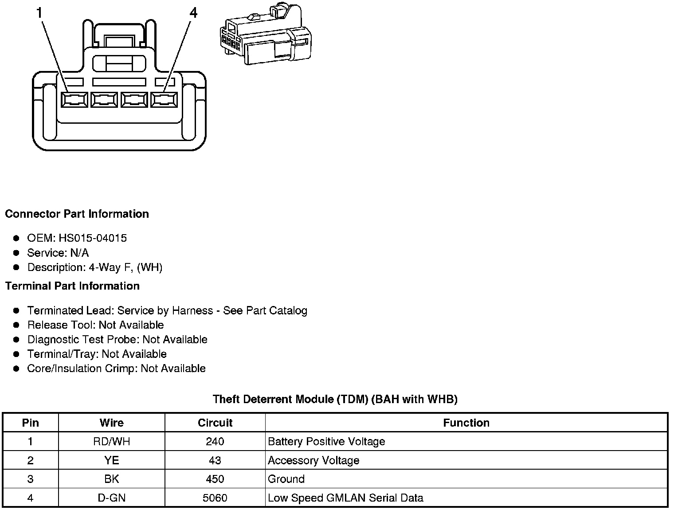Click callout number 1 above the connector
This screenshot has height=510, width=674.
click(x=40, y=13)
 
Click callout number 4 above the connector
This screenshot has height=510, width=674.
click(x=193, y=13)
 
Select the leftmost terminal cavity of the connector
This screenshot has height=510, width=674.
click(x=74, y=100)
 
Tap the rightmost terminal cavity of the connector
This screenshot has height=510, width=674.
click(x=164, y=100)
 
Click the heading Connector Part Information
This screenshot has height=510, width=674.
click(x=77, y=214)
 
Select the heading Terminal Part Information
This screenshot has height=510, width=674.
click(x=72, y=286)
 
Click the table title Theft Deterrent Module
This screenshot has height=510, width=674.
click(x=335, y=399)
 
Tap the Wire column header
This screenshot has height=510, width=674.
click(x=111, y=423)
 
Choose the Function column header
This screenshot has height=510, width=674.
click(x=466, y=423)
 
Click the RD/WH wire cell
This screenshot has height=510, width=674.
click(x=111, y=442)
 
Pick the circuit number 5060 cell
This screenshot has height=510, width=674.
click(x=215, y=498)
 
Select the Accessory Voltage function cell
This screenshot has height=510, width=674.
click(x=313, y=460)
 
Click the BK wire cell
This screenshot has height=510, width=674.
click(x=111, y=479)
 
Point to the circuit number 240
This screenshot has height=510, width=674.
click(x=215, y=442)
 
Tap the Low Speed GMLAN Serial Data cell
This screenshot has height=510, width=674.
click(x=345, y=498)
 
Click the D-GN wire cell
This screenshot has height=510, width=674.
click(x=111, y=498)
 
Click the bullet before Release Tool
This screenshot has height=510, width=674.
click(x=16, y=325)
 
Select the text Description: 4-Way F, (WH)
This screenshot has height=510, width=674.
click(x=95, y=267)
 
